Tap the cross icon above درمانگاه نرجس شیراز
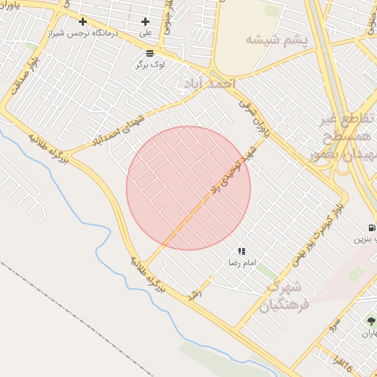[82, 22]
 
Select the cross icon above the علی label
[145, 22]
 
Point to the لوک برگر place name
[150, 64]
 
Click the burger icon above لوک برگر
[150, 53]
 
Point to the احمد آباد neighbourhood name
[207, 83]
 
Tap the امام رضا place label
[243, 262]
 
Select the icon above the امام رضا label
[242, 251]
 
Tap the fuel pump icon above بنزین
[370, 227]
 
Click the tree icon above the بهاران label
[370, 321]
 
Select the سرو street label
[334, 323]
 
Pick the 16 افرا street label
[343, 362]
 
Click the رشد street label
[194, 292]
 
